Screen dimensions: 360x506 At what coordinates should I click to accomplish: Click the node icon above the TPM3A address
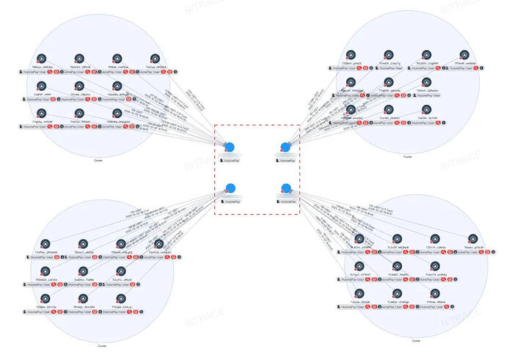pyautogui.click(x=118, y=58)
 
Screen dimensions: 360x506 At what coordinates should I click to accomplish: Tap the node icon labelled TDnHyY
pyautogui.click(x=80, y=58)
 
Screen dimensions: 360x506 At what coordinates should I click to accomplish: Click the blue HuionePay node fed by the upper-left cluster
pyautogui.click(x=230, y=147)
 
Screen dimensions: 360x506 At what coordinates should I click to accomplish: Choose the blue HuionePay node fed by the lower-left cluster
pyautogui.click(x=230, y=188)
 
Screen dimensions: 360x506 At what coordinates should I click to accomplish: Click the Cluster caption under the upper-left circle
pyautogui.click(x=98, y=161)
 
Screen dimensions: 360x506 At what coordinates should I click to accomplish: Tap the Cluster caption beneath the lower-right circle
pyautogui.click(x=416, y=342)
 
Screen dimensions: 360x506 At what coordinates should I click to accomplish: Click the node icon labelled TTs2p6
pyautogui.click(x=122, y=298)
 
